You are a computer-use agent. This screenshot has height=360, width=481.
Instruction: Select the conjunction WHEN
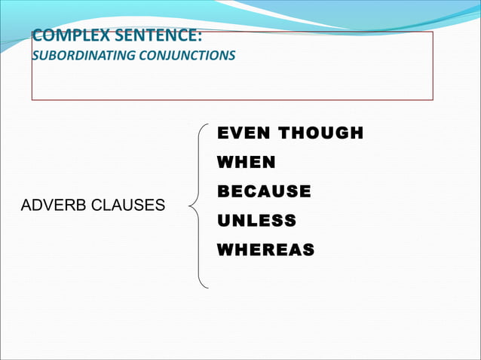click(x=246, y=162)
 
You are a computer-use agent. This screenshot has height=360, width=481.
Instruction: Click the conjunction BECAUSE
click(x=264, y=191)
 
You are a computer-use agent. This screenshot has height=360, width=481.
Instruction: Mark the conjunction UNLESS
click(x=256, y=221)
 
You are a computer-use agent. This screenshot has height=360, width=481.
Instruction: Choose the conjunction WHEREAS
click(x=265, y=249)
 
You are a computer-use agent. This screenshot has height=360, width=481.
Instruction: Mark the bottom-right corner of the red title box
click(x=433, y=100)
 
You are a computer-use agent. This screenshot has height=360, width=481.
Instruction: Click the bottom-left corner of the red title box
click(x=32, y=100)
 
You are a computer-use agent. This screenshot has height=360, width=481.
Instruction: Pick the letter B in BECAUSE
click(x=223, y=191)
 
